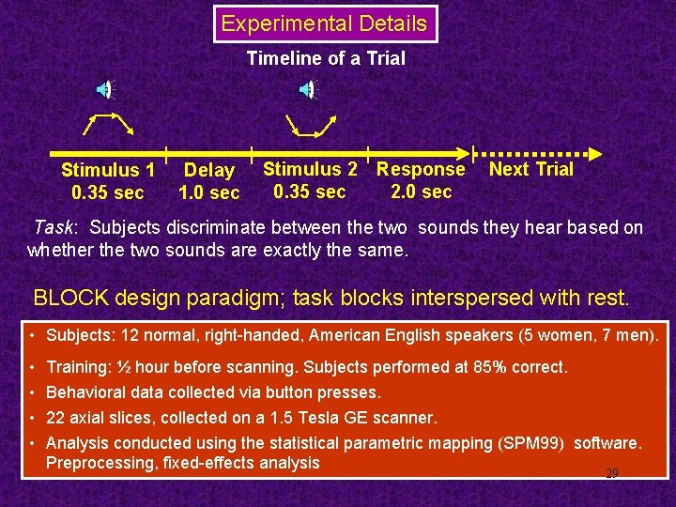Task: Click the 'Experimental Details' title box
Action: tap(325, 24)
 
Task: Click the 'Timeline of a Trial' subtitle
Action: tap(326, 58)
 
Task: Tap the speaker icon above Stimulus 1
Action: tap(105, 90)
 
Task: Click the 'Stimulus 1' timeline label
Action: tap(108, 170)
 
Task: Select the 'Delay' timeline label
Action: tap(208, 170)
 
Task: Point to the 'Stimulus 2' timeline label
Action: tap(310, 169)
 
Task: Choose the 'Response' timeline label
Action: tap(421, 169)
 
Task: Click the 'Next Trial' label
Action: tap(530, 169)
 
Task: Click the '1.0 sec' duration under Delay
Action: tap(208, 192)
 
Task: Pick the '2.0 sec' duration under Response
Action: tap(421, 192)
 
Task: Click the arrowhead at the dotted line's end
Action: tap(593, 153)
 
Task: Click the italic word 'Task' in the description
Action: tap(53, 227)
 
